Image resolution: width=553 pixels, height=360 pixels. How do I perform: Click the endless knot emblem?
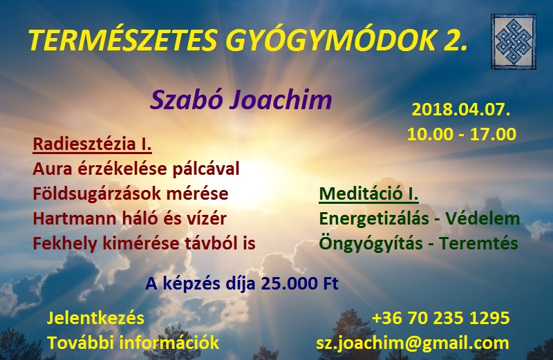click(x=514, y=41)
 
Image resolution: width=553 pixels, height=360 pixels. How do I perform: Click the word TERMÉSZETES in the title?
click(x=122, y=40)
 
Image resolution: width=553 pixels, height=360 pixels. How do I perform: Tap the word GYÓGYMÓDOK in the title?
click(x=330, y=40)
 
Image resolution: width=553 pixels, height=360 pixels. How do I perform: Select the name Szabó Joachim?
click(x=241, y=100)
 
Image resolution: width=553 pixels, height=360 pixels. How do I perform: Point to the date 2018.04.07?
click(x=461, y=110)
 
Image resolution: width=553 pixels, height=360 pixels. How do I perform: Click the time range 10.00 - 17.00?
click(x=462, y=134)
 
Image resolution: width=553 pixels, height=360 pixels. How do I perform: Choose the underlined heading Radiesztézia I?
click(x=92, y=144)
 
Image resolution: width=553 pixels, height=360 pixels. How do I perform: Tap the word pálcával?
click(x=206, y=169)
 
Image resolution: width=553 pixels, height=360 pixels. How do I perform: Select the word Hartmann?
click(x=75, y=218)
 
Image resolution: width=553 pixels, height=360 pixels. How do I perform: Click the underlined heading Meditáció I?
click(x=369, y=194)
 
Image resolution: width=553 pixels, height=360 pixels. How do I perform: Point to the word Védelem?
click(x=482, y=218)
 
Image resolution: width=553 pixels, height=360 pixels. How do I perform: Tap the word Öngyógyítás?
click(x=371, y=244)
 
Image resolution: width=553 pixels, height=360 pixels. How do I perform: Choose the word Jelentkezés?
click(x=95, y=318)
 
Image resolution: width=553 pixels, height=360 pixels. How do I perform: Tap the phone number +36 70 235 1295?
click(x=441, y=318)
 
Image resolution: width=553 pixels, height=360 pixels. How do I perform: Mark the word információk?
click(x=169, y=343)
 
